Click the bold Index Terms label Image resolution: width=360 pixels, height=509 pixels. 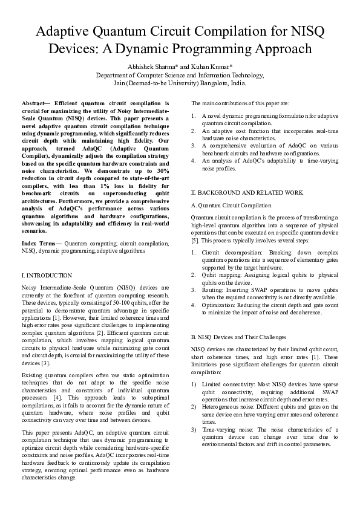pyautogui.click(x=41, y=242)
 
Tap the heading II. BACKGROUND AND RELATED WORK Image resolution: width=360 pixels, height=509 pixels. pyautogui.click(x=246, y=192)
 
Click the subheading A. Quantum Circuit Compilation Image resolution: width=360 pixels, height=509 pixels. pyautogui.click(x=231, y=206)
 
